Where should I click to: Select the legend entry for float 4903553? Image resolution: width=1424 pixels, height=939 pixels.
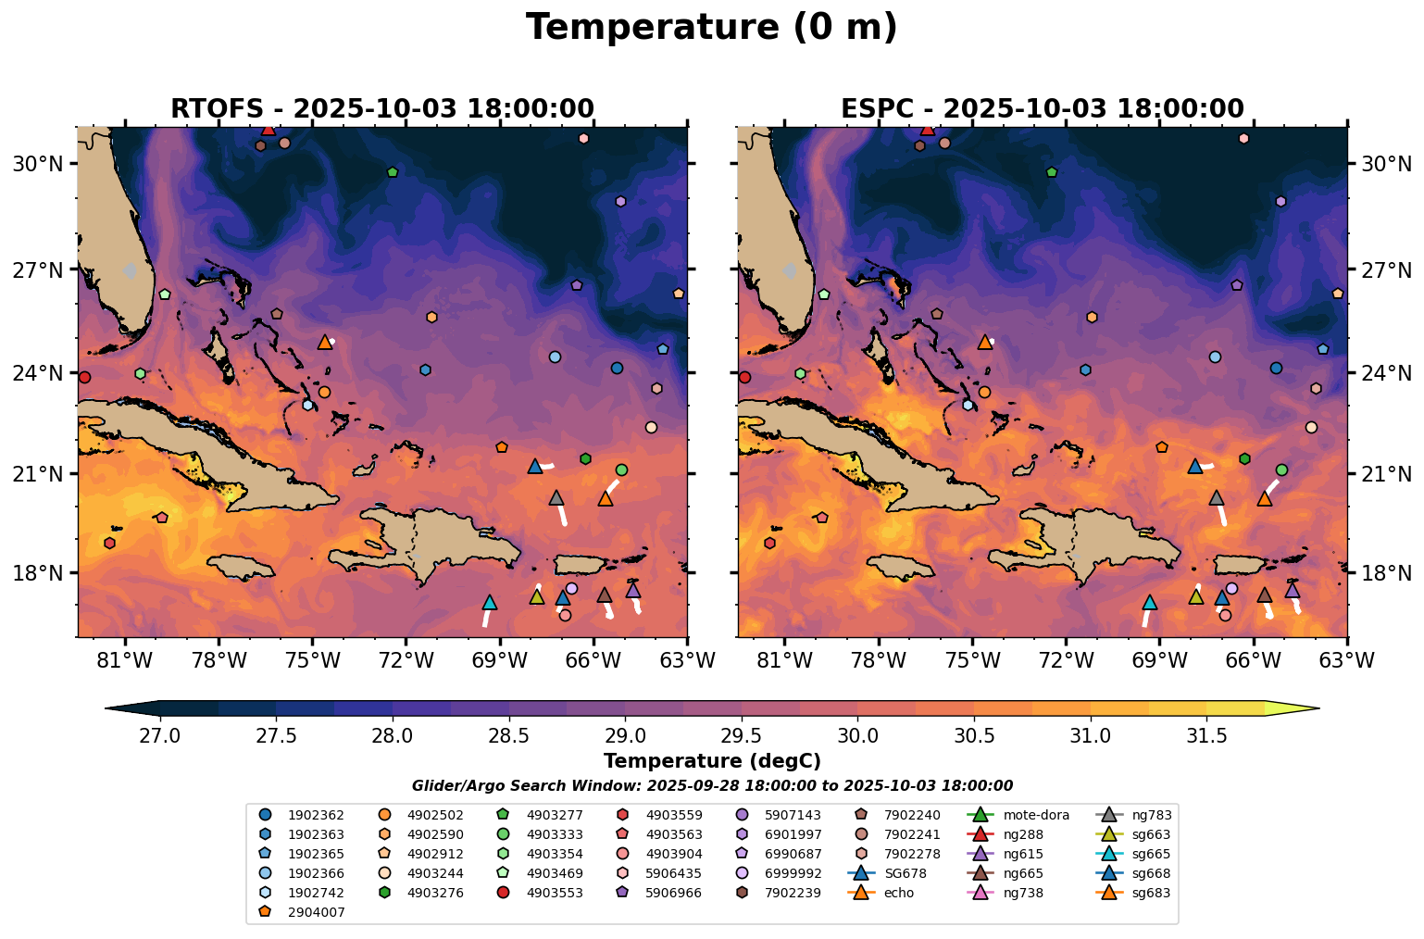[552, 893]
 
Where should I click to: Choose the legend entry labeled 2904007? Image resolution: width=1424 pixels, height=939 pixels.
[314, 912]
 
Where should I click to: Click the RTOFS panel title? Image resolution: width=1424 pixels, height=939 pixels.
[381, 108]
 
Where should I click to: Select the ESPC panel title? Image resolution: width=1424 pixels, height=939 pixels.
[1042, 108]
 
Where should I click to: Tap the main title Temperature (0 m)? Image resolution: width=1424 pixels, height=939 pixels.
[711, 28]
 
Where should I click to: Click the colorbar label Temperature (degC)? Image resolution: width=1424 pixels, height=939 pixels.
[711, 761]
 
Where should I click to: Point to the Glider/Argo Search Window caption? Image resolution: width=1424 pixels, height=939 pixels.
[711, 786]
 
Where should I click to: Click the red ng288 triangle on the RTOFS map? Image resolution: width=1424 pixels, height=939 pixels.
[269, 129]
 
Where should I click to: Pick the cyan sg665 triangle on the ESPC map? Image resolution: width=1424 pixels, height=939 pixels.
[1149, 603]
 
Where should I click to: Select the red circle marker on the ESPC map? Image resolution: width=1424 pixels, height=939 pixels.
[744, 377]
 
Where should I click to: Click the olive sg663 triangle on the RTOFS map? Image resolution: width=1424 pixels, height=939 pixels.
[537, 596]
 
